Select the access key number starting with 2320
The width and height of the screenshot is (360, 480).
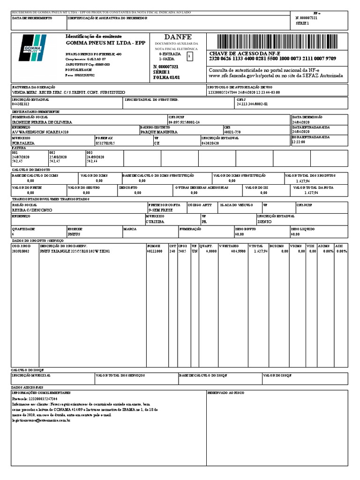coord(272,59)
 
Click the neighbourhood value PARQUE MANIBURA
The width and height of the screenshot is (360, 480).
coord(159,132)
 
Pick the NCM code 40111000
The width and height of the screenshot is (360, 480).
coord(154,251)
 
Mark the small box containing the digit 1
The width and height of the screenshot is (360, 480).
coord(189,56)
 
